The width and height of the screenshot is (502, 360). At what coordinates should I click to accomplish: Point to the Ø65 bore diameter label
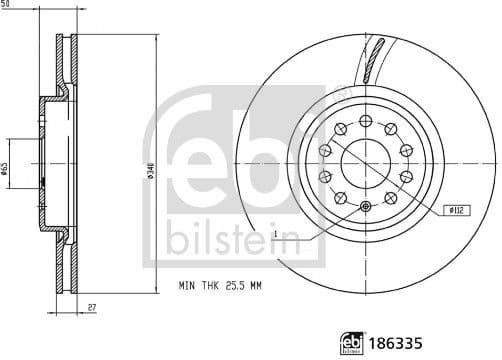pos(5,169)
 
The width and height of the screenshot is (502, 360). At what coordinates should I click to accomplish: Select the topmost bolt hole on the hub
pos(365,116)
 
